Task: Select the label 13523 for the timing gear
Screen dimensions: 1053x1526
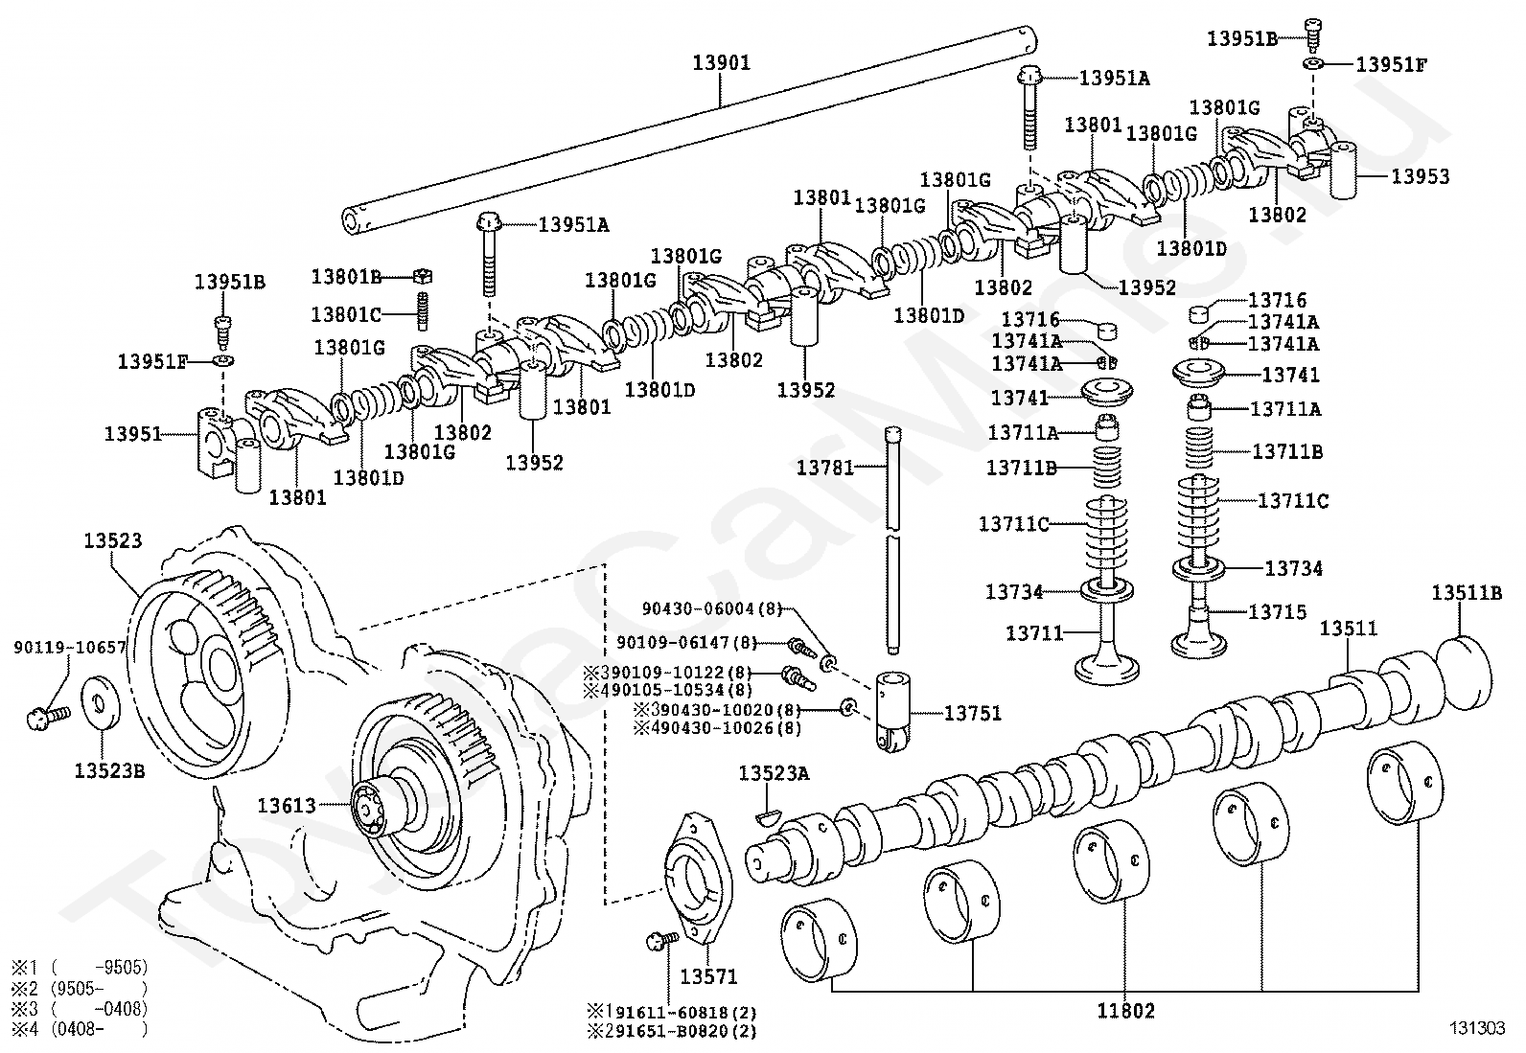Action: tap(112, 540)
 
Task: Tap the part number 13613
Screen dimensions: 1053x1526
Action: tap(286, 806)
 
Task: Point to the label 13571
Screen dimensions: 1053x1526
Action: tap(708, 976)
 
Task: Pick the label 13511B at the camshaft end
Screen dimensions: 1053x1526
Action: tap(1467, 593)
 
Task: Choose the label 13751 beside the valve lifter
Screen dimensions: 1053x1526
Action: tap(973, 713)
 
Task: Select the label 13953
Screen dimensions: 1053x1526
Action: tap(1421, 176)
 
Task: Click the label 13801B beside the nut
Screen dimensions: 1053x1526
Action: tap(346, 277)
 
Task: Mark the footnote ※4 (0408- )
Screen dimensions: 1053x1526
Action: tap(79, 1029)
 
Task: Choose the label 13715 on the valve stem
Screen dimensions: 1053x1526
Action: tap(1278, 611)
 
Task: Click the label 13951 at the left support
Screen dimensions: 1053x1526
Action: tap(133, 434)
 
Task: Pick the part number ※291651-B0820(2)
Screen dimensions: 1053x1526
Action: tap(672, 1031)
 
